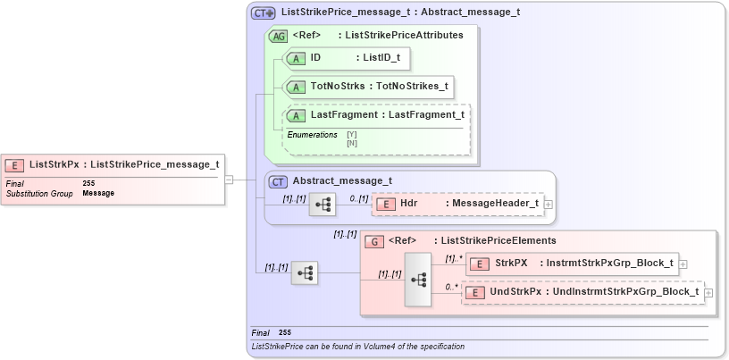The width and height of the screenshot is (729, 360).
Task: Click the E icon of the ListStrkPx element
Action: pos(15,164)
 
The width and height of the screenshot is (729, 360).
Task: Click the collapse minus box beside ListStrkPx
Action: pos(229,179)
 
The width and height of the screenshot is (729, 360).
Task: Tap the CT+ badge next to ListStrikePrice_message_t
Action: pos(263,13)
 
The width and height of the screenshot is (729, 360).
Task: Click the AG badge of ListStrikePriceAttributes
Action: pos(277,36)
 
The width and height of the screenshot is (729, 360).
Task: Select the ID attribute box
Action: pos(348,58)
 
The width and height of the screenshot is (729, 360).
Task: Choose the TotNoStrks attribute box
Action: pos(367,87)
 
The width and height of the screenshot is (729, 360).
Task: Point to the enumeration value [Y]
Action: pos(351,135)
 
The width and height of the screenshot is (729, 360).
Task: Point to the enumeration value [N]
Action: pos(351,142)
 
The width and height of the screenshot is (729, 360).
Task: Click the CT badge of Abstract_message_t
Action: pos(279,181)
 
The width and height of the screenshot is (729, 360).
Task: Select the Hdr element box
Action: pos(457,204)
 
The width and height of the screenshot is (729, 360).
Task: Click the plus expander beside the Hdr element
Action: pos(548,205)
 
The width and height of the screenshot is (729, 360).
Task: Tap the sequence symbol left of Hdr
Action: pos(322,205)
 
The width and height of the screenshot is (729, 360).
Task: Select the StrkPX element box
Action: pos(572,264)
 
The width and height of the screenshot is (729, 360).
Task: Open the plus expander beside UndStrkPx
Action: pos(708,293)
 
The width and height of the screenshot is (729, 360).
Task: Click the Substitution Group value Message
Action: pos(98,193)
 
